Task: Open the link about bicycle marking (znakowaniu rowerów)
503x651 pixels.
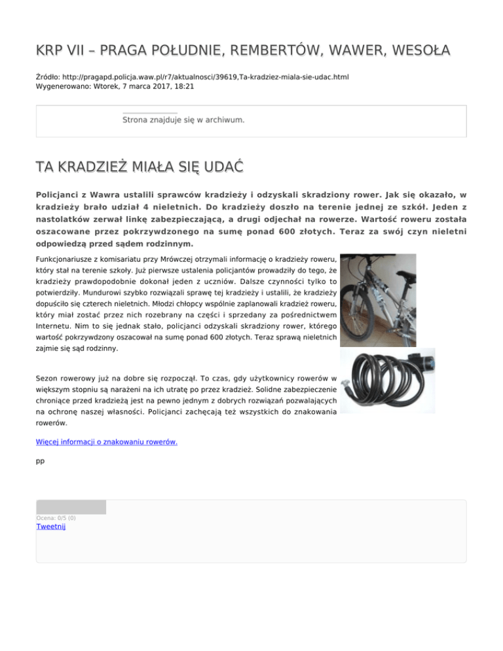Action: tap(106, 441)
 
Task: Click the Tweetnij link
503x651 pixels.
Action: tap(51, 526)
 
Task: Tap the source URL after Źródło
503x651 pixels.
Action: tap(204, 77)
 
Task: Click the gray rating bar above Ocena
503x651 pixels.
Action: tap(71, 507)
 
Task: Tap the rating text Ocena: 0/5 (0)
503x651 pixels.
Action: tap(56, 517)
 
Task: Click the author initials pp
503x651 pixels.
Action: tap(40, 461)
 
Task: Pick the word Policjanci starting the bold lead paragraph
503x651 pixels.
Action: tap(61, 195)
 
